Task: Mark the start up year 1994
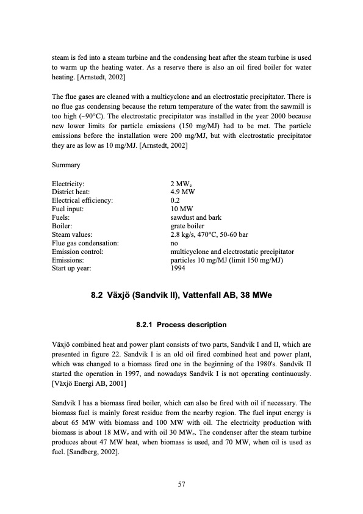pyautogui.click(x=179, y=267)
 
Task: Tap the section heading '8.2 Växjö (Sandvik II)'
pyautogui.click(x=181, y=296)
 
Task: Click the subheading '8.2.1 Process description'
pyautogui.click(x=181, y=324)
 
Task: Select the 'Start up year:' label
pyautogui.click(x=73, y=267)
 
